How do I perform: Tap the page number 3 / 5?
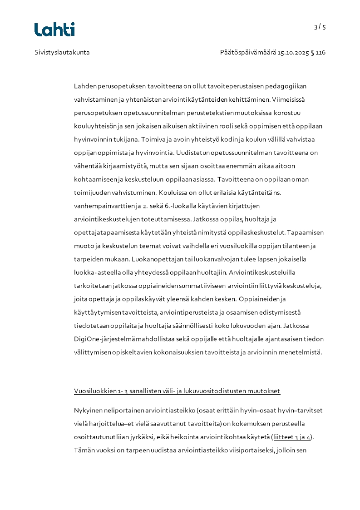pos(320,27)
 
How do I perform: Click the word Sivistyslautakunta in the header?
pos(62,52)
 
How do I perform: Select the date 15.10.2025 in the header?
pos(293,52)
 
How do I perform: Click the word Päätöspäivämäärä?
pos(248,52)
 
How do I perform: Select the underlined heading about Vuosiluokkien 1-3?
pos(177,391)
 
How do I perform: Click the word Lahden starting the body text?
pos(85,86)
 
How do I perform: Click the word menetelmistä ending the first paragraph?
pos(300,352)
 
